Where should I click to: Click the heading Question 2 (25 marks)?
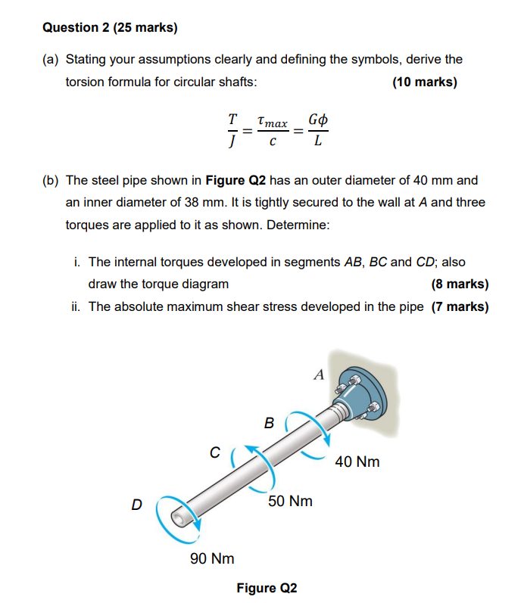[110, 28]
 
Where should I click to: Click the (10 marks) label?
[424, 82]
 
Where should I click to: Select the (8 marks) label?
[459, 284]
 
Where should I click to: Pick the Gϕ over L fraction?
[319, 130]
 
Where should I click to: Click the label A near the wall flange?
[318, 374]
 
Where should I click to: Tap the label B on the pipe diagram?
[269, 424]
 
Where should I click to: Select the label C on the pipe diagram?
[215, 453]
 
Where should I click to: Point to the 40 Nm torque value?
[357, 462]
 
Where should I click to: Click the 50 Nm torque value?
[290, 501]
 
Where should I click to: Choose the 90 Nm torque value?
[211, 558]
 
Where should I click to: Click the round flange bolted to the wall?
[358, 397]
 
